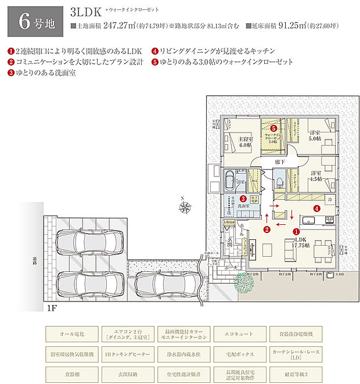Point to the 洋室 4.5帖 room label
pos(315,177)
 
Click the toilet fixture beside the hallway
pos(280,182)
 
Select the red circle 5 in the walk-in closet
pos(273,127)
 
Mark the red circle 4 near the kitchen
pos(316,207)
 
